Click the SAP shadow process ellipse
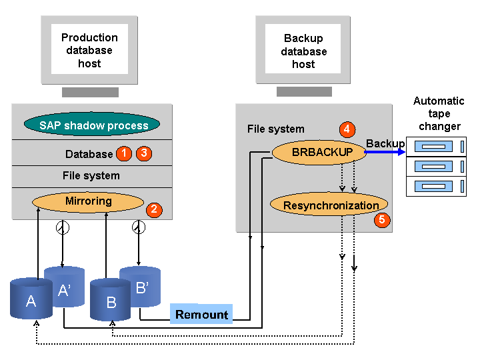point(91,125)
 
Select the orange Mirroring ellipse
point(88,201)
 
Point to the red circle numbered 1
point(123,153)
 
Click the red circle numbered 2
point(154,209)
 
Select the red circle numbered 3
point(144,153)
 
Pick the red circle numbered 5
point(381,219)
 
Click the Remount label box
point(201,314)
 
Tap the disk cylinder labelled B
point(111,301)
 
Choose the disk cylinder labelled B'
point(141,288)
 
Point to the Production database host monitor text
point(89,50)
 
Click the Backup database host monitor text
point(303,51)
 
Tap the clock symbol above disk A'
point(61,228)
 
